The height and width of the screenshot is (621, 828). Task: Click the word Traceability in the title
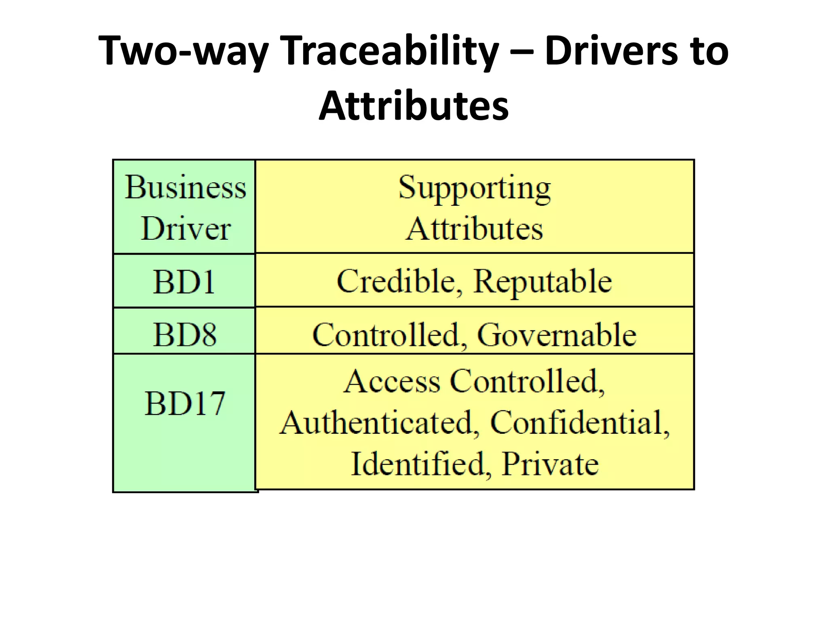(x=389, y=51)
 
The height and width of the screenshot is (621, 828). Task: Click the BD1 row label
(x=184, y=281)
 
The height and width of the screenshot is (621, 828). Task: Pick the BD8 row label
(x=185, y=334)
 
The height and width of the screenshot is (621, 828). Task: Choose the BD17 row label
(x=185, y=403)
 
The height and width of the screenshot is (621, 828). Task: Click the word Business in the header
(x=186, y=187)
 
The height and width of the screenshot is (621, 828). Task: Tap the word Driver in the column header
(x=186, y=229)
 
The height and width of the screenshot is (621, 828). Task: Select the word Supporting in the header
(x=474, y=188)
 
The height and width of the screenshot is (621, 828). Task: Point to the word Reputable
(x=543, y=282)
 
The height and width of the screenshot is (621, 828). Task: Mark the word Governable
(x=557, y=335)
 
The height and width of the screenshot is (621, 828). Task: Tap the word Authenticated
(x=379, y=422)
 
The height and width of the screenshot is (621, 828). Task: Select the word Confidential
(x=579, y=422)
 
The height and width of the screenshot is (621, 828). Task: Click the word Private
(x=550, y=464)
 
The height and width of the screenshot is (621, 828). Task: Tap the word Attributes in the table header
(x=474, y=229)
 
